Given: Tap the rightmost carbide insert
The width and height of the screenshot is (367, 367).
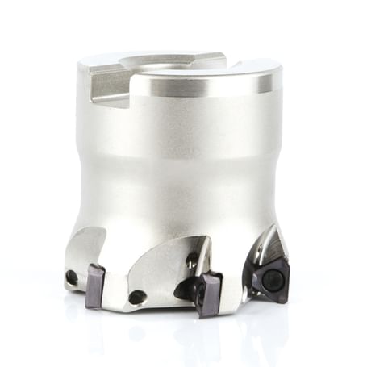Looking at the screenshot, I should pos(269,279).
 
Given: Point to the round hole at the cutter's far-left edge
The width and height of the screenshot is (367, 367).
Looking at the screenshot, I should pos(73,277).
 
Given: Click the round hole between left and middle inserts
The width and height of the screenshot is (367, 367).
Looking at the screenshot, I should pos(138,296).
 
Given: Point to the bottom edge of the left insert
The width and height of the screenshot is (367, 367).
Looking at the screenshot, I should pos(95,305).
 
